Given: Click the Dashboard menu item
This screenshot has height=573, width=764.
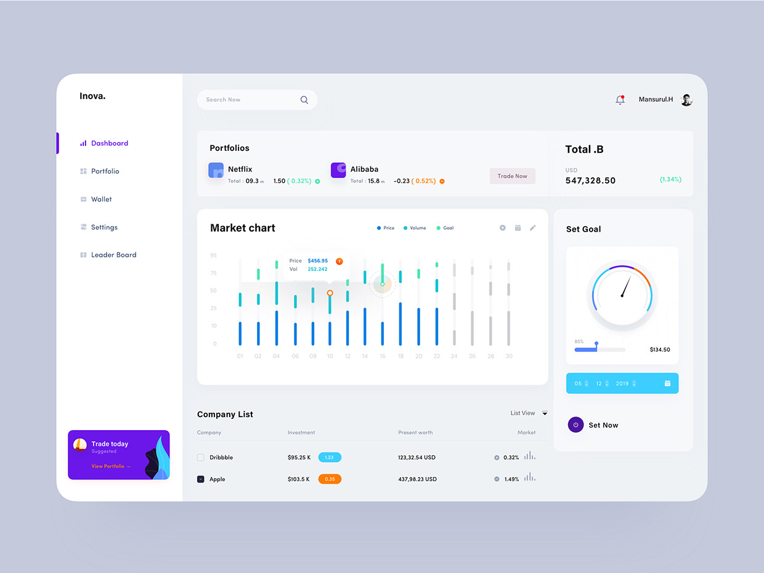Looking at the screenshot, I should pyautogui.click(x=109, y=143).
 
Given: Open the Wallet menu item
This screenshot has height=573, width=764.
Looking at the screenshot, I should pyautogui.click(x=101, y=199).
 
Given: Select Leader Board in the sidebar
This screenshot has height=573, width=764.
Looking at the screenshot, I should pyautogui.click(x=113, y=254).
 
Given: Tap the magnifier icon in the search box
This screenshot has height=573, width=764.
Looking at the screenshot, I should pyautogui.click(x=304, y=100).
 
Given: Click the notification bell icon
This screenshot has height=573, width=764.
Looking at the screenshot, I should pyautogui.click(x=620, y=100).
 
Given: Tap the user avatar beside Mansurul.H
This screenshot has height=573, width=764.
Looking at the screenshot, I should pyautogui.click(x=686, y=100).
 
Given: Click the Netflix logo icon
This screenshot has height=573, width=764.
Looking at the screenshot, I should pyautogui.click(x=216, y=171).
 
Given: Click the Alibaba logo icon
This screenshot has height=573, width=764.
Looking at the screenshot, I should pyautogui.click(x=338, y=171).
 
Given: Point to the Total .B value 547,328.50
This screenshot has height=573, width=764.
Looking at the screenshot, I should pyautogui.click(x=590, y=181).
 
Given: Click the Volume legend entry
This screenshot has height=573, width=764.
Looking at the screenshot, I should pyautogui.click(x=417, y=228).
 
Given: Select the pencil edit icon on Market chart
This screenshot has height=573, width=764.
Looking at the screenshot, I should pyautogui.click(x=533, y=228).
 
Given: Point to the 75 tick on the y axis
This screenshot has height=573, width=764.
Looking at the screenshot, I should pyautogui.click(x=213, y=273).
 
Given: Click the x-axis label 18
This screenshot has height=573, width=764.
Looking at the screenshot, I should pyautogui.click(x=400, y=356).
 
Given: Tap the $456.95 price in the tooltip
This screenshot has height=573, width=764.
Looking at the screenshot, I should pyautogui.click(x=318, y=261).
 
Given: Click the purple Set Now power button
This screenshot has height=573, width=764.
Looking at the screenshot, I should pyautogui.click(x=575, y=425).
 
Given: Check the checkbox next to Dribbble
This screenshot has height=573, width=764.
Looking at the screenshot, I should pyautogui.click(x=200, y=457).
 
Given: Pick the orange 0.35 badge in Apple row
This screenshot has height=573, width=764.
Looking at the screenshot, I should pyautogui.click(x=330, y=479).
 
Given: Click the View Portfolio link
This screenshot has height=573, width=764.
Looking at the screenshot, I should pyautogui.click(x=110, y=466).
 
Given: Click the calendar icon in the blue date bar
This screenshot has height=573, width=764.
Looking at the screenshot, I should pyautogui.click(x=667, y=383).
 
